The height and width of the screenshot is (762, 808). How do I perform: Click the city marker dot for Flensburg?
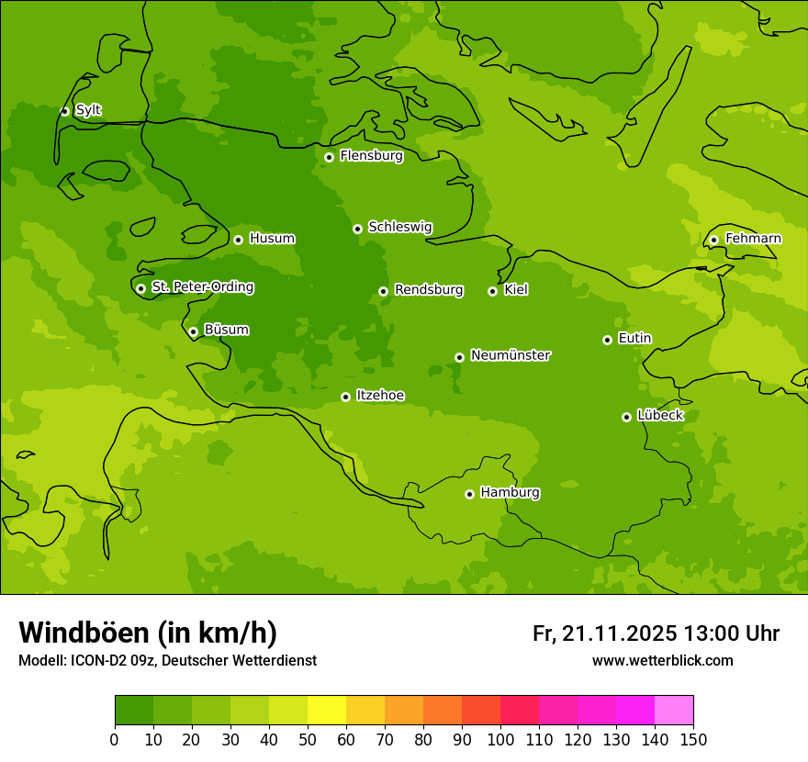click(329, 157)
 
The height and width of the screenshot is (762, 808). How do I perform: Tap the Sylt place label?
click(88, 110)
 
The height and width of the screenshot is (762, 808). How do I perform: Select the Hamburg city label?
click(510, 492)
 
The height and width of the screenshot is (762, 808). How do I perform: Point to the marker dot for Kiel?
click(492, 291)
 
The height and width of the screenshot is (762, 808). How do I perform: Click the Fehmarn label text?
click(753, 239)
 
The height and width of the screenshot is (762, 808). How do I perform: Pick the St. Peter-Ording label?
click(202, 287)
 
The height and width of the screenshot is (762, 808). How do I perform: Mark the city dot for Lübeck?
click(626, 417)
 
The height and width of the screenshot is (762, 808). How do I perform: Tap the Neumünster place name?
click(510, 355)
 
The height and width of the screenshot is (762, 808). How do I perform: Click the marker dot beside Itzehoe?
click(345, 397)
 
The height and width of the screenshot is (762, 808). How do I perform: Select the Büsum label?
click(226, 330)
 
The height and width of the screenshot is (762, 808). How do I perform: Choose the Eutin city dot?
click(607, 340)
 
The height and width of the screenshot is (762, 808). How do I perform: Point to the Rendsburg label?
click(428, 290)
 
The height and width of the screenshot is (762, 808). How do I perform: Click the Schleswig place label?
click(399, 227)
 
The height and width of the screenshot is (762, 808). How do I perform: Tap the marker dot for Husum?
click(238, 240)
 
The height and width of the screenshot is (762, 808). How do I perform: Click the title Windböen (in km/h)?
click(148, 633)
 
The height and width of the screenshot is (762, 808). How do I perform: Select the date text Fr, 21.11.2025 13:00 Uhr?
click(656, 633)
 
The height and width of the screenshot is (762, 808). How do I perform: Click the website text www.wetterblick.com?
click(662, 660)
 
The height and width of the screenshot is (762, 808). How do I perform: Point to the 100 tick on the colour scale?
click(500, 739)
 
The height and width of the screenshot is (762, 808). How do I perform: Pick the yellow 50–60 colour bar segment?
click(326, 711)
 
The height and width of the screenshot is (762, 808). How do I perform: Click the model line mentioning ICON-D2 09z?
click(167, 660)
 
